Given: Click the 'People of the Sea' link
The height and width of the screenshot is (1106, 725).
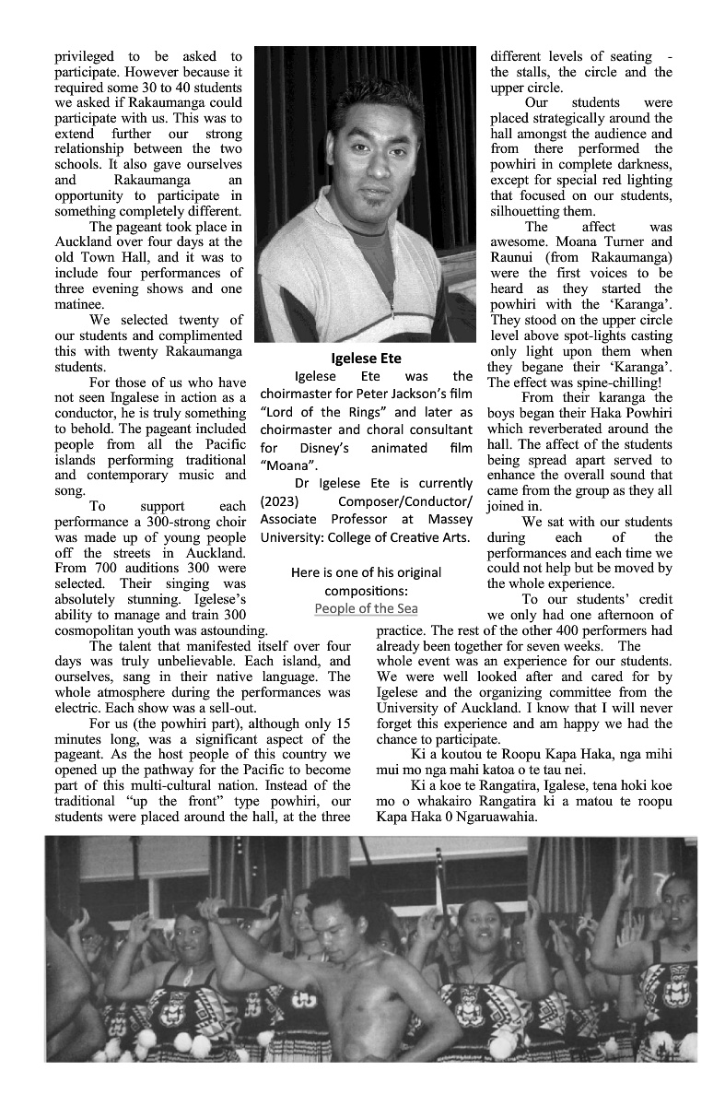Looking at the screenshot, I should click(x=366, y=608).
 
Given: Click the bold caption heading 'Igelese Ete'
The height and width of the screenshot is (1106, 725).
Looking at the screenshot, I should click(x=366, y=358).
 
